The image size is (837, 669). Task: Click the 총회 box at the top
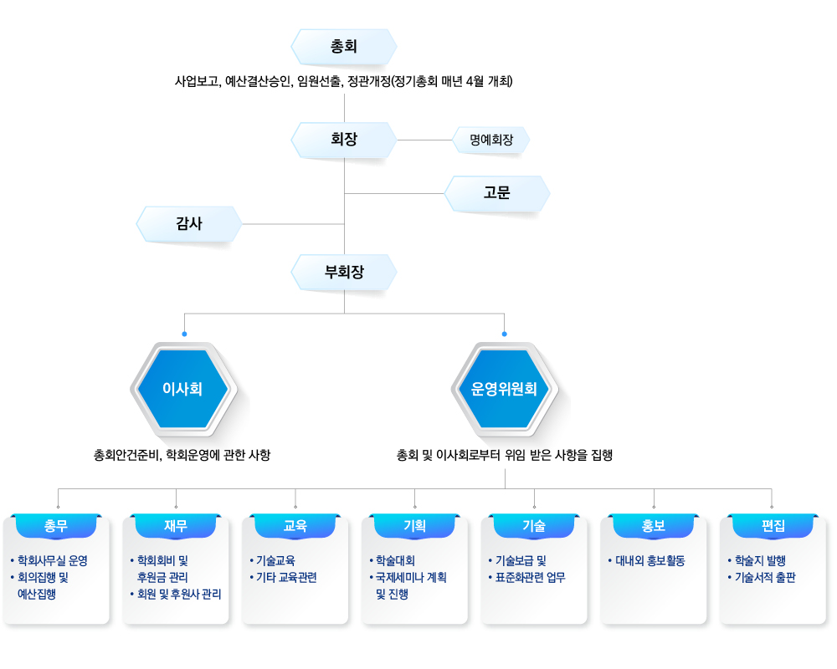point(344,47)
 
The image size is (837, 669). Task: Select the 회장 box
point(344,140)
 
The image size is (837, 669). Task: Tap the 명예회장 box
point(491,140)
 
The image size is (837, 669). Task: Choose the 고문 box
point(497,193)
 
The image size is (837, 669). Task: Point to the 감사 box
point(189,224)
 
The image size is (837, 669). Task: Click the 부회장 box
point(344,272)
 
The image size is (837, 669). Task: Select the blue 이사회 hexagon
point(183,389)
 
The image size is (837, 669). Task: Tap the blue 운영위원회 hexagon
point(505,389)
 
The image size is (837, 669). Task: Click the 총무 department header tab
point(56,526)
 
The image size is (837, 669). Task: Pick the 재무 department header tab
point(176,526)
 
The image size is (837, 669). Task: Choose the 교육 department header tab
point(295,526)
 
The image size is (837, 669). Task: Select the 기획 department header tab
point(415,526)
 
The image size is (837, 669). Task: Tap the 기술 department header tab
point(534,526)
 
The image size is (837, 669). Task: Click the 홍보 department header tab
point(654,526)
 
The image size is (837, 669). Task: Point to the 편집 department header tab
point(773,526)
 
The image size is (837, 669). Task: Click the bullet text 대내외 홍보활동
point(650,560)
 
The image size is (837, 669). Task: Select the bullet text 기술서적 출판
point(765,577)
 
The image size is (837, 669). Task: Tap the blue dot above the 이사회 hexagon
point(184,334)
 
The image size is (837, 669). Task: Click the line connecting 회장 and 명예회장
point(425,140)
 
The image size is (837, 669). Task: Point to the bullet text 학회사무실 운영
point(52,560)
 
